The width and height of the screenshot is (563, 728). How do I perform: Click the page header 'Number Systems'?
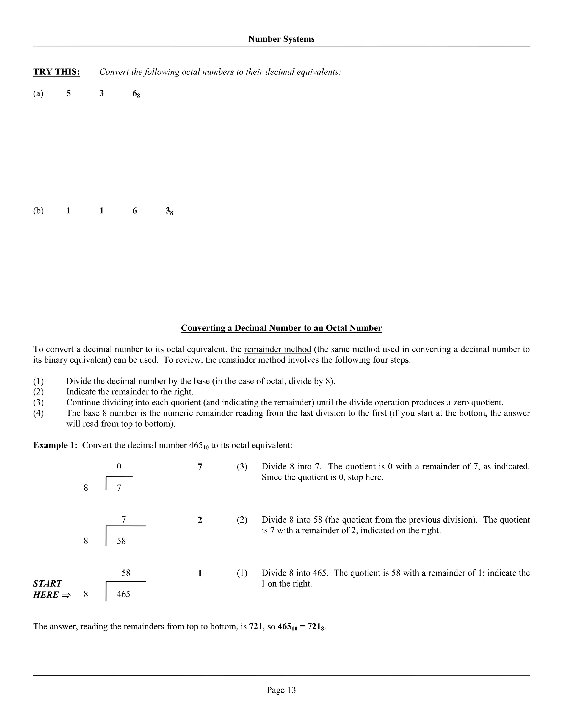coord(281,39)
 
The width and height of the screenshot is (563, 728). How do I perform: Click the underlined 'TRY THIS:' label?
coord(56,72)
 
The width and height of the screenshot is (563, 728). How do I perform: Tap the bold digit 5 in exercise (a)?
coord(68,93)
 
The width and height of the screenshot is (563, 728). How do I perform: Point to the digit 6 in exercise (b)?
coord(134,211)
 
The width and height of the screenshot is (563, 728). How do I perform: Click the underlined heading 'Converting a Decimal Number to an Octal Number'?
coord(281,328)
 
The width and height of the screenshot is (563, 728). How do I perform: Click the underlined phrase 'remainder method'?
coord(277,349)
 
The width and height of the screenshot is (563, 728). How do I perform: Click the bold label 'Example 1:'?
coord(55,445)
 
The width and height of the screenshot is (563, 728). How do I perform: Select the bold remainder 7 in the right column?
coord(200,467)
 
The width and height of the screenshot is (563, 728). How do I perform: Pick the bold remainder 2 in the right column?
coord(200,520)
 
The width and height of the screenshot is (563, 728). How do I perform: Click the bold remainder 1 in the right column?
coord(200,573)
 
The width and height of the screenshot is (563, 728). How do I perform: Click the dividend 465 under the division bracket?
coord(123,594)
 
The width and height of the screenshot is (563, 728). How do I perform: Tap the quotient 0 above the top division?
coord(119,467)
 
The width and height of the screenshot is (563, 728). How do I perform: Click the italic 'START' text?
coord(47,584)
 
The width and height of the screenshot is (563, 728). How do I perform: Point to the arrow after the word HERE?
coord(66,595)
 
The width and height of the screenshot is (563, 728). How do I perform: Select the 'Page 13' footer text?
coord(281,690)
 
